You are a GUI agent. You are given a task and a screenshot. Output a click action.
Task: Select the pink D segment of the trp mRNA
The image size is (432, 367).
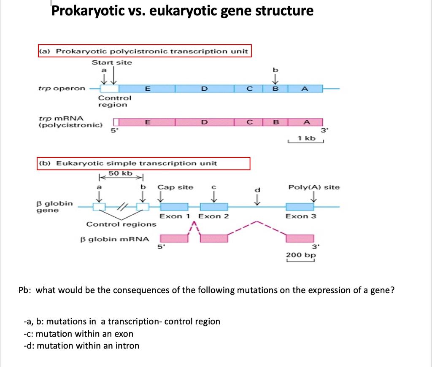pos(204,122)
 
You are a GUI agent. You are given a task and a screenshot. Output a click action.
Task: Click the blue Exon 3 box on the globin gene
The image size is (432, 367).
pos(300,207)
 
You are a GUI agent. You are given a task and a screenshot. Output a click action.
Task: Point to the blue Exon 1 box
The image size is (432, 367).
pos(174,207)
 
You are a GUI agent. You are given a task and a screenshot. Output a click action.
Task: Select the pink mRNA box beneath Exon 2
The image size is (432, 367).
pos(213,238)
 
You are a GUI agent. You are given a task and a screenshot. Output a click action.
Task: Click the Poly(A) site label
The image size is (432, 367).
pos(314,187)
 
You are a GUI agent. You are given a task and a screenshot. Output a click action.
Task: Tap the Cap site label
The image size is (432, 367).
pos(175,187)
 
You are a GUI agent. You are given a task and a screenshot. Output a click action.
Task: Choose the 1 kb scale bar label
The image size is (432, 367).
pos(306,138)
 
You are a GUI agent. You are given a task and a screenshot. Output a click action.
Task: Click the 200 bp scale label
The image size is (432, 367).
pos(301,255)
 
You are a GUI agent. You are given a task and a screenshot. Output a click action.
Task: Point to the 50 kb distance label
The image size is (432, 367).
pos(121,173)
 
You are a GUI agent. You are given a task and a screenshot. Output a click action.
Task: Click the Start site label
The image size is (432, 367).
pos(112,62)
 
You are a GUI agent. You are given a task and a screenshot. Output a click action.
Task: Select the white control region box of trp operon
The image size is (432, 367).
pos(109,89)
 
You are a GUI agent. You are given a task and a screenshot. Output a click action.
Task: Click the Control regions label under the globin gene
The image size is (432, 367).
pos(121,224)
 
